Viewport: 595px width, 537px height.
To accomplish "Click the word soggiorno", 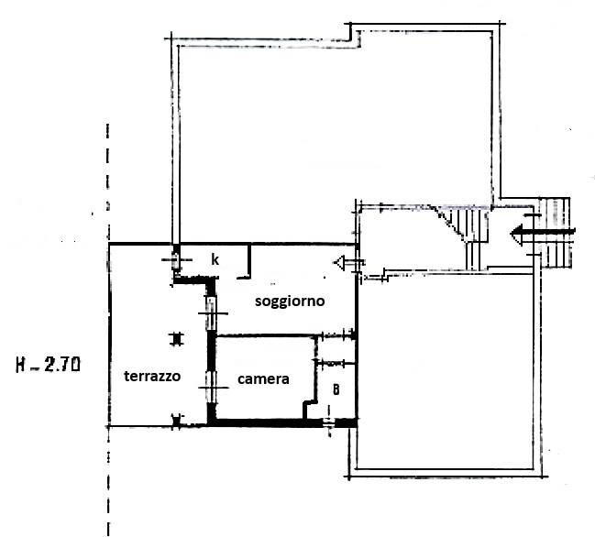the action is [290, 301].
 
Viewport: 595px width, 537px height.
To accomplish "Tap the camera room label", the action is [263, 378].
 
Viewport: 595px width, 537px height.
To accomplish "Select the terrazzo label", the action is [152, 376].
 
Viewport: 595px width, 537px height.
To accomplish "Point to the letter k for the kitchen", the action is [215, 259].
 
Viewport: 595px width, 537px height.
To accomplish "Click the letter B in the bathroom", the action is [336, 389].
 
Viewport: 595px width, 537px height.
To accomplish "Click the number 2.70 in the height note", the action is [62, 365].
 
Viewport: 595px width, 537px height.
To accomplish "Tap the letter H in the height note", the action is [21, 365].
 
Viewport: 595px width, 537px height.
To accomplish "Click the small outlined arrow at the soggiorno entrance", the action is [349, 262].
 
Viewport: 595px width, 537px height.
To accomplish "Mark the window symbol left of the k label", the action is [176, 259].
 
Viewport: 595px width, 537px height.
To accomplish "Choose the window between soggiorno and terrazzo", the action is [212, 313].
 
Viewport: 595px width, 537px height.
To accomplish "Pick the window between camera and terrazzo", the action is [212, 388].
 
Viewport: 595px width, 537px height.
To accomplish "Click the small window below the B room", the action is [329, 421].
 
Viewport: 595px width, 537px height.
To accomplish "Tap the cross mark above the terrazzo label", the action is [176, 339].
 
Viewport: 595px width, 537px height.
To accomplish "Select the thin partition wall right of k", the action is [249, 262].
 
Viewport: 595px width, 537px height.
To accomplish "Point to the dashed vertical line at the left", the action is [108, 330].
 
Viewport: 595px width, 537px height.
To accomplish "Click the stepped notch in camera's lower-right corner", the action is [310, 408].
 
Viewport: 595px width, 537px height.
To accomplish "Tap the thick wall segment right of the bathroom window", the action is [346, 422].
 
